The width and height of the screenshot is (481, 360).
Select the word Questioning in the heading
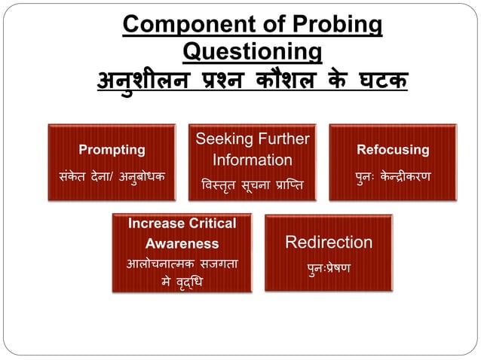coord(253,52)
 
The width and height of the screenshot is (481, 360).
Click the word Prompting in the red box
coord(112,149)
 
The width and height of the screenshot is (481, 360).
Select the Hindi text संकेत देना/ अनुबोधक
coord(112,177)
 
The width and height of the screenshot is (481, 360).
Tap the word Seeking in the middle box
coord(222,139)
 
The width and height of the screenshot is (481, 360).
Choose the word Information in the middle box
coord(252,160)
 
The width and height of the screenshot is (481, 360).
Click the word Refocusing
coord(393,149)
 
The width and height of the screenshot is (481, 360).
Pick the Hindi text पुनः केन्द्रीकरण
coord(393,177)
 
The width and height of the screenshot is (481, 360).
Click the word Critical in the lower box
coord(208,224)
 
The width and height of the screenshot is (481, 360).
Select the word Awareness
coord(182,243)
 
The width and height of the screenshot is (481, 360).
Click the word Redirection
coord(328,243)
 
